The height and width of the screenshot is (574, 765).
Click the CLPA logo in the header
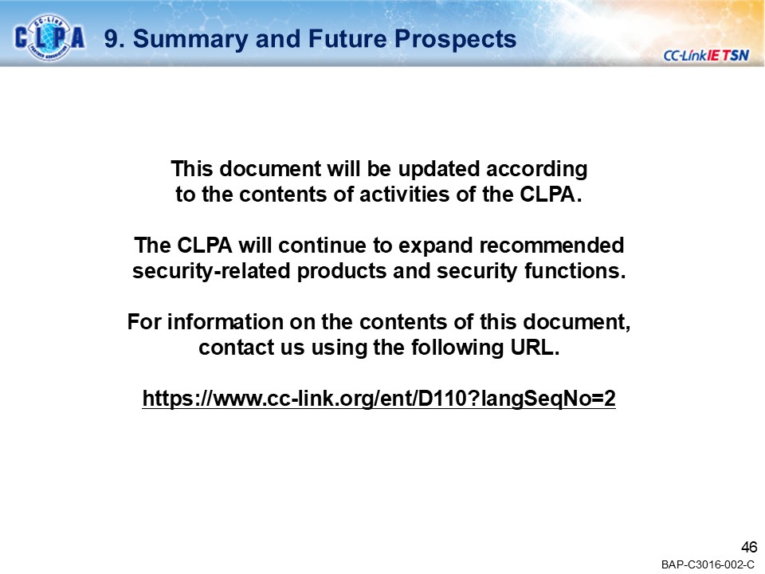[x=49, y=37]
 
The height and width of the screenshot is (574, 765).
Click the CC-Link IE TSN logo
[x=705, y=54]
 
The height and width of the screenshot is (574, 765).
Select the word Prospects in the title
[x=461, y=38]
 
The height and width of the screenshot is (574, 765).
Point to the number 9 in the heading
[x=111, y=38]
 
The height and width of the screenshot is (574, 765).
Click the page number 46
[x=748, y=547]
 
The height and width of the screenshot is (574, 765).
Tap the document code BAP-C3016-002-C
[x=708, y=564]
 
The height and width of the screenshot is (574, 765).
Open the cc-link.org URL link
[x=379, y=399]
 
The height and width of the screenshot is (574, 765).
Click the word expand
[x=436, y=244]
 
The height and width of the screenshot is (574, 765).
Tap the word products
[x=343, y=270]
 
